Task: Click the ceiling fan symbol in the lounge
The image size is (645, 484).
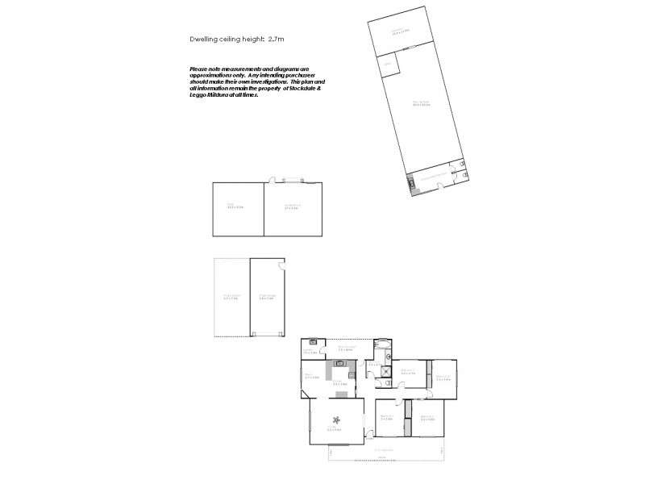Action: tap(335, 418)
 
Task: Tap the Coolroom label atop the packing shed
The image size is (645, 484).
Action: tap(401, 31)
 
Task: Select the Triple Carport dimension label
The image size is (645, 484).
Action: tap(231, 297)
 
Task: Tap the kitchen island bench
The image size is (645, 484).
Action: tap(339, 397)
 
